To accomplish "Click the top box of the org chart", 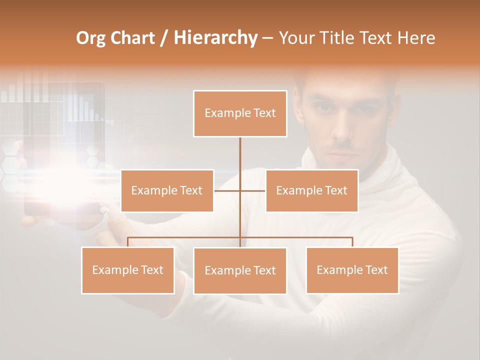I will point(240,113).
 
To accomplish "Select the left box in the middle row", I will point(167,190).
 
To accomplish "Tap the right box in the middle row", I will point(311,190).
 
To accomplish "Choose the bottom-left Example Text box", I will point(128,270).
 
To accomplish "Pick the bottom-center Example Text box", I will point(240,270).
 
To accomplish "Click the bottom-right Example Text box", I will point(352,270).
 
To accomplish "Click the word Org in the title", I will point(90,38).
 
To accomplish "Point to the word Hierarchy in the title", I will point(215,38).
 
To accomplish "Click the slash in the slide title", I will point(164,38).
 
